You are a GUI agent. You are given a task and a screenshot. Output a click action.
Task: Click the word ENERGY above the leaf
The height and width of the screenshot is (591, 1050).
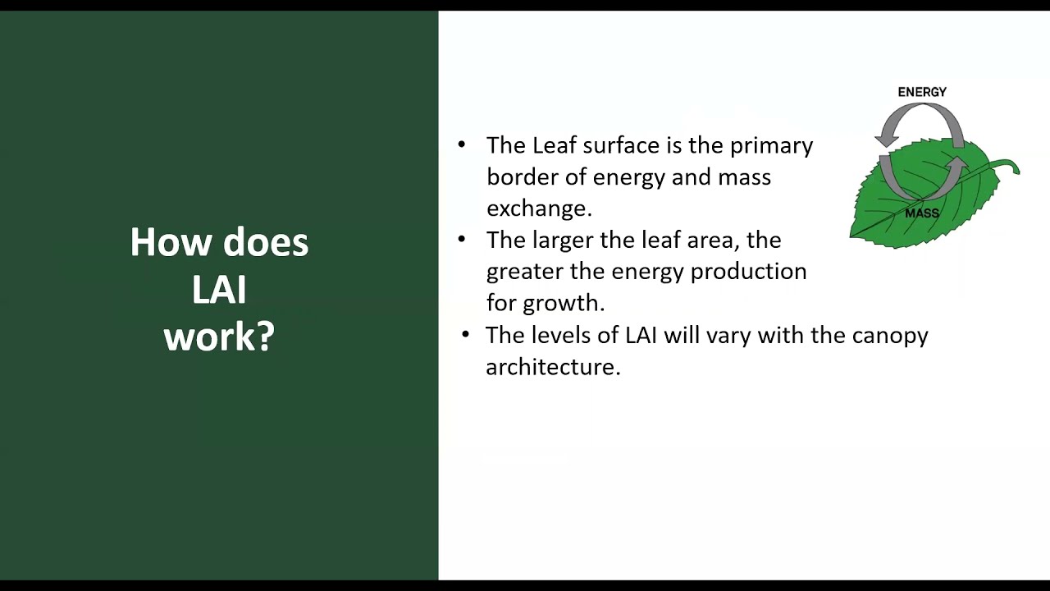click(922, 92)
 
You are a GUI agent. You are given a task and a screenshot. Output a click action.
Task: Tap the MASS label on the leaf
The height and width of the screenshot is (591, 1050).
click(922, 213)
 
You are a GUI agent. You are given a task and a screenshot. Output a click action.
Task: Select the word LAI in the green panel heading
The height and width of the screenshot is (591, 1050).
click(219, 290)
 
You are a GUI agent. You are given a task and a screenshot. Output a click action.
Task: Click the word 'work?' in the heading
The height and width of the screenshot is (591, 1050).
click(219, 337)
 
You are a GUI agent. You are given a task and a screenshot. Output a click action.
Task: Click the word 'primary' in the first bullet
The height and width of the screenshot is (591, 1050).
click(771, 145)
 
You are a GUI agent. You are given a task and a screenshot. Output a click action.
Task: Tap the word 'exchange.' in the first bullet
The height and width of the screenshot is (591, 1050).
click(539, 208)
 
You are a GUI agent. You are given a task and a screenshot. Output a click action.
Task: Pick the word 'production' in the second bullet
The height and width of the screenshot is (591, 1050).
click(748, 271)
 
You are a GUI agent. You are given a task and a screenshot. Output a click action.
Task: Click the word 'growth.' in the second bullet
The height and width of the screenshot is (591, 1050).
click(564, 303)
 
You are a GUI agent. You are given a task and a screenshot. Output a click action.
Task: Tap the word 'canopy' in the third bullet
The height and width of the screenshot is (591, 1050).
click(890, 335)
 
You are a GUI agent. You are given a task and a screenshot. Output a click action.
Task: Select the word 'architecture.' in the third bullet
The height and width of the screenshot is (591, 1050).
click(553, 367)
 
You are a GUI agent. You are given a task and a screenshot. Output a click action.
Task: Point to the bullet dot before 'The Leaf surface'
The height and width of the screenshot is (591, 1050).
click(462, 144)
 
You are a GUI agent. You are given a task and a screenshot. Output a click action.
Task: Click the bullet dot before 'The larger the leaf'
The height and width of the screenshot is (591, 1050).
click(462, 239)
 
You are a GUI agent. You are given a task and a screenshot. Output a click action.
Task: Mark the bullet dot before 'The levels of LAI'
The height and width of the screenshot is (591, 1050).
click(466, 334)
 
